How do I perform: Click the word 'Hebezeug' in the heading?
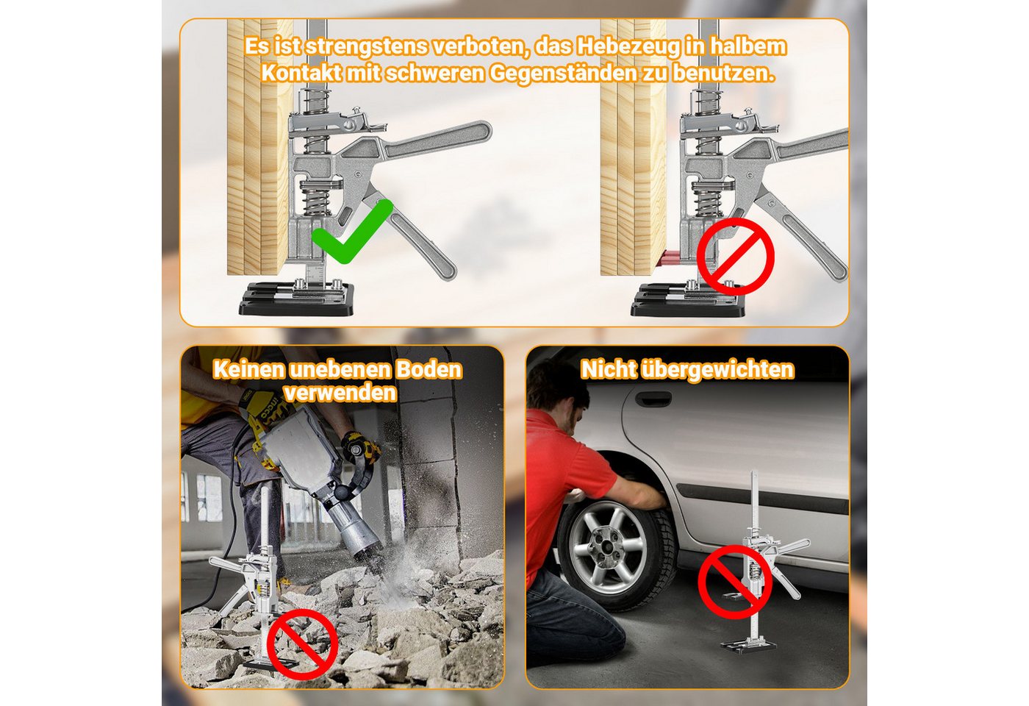628,47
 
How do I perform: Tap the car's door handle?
653,397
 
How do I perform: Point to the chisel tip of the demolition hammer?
374,563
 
